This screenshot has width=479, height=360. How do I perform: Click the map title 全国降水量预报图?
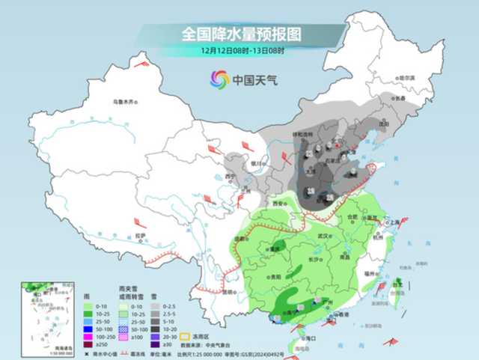pyautogui.click(x=240, y=34)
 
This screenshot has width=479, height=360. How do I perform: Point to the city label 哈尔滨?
pyautogui.click(x=405, y=78)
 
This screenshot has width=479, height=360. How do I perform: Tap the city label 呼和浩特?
pyautogui.click(x=301, y=133)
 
